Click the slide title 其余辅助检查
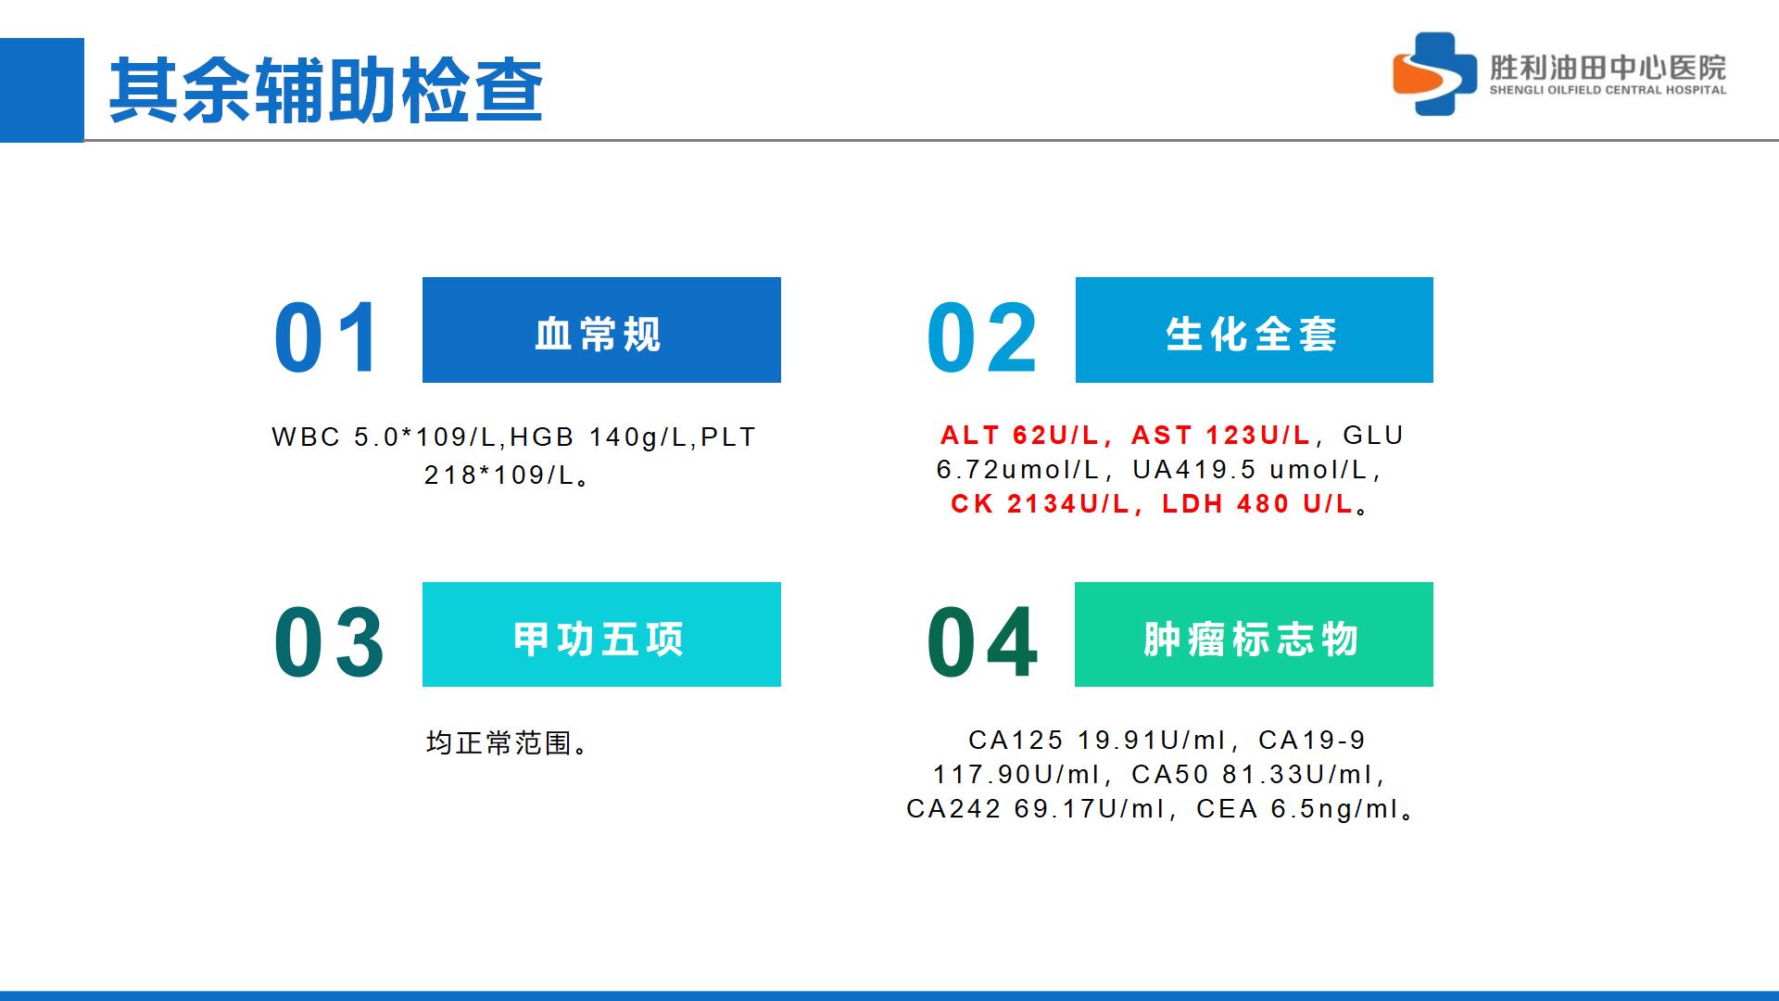pyautogui.click(x=325, y=90)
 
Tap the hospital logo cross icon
pyautogui.click(x=1435, y=73)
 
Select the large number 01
pyautogui.click(x=326, y=337)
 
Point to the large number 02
pyautogui.click(x=982, y=337)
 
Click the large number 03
pyautogui.click(x=329, y=641)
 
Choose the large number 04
pyautogui.click(x=982, y=641)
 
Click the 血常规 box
pyautogui.click(x=601, y=330)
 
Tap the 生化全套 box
pyautogui.click(x=1255, y=330)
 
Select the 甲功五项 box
pyautogui.click(x=601, y=635)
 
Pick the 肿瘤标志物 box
pyautogui.click(x=1254, y=635)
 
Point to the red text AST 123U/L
pyautogui.click(x=1221, y=435)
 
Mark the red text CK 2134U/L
pyautogui.click(x=1041, y=503)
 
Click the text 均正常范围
pyautogui.click(x=498, y=742)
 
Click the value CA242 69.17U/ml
pyautogui.click(x=1035, y=809)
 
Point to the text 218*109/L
pyautogui.click(x=499, y=475)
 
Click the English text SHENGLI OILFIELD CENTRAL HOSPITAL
pyautogui.click(x=1608, y=90)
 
